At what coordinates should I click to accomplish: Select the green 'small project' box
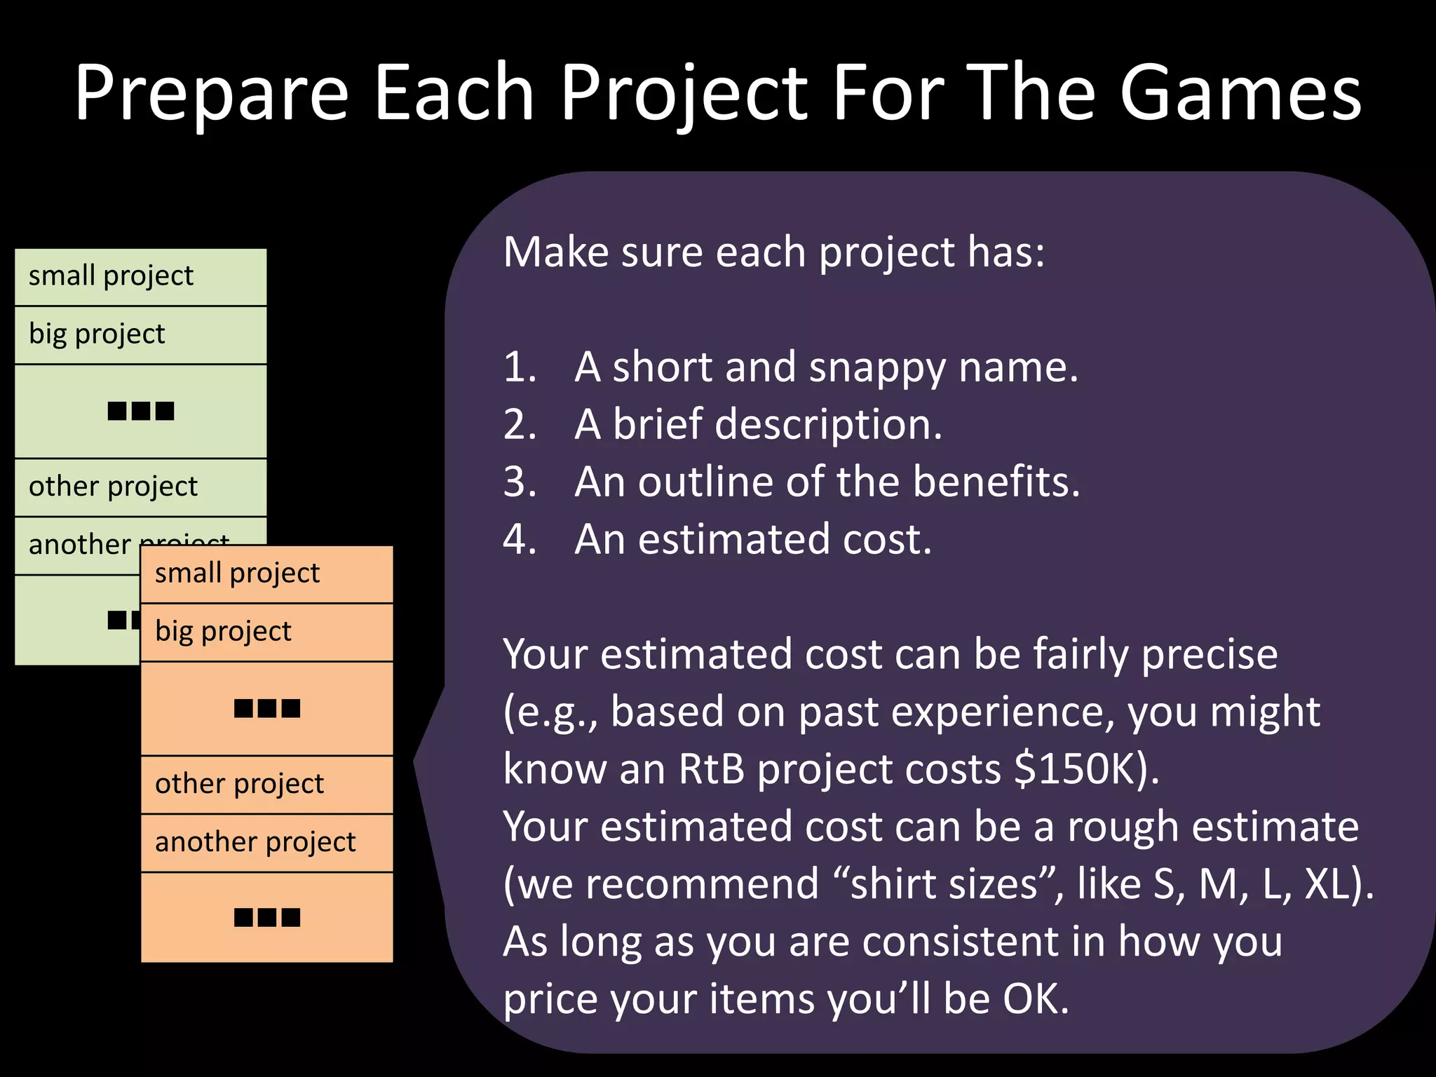pyautogui.click(x=140, y=276)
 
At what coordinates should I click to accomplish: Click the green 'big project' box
pyautogui.click(x=140, y=334)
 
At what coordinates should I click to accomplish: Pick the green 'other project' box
pyautogui.click(x=140, y=487)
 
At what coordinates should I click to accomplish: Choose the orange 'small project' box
pyautogui.click(x=266, y=574)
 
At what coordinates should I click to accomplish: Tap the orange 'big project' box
pyautogui.click(x=266, y=632)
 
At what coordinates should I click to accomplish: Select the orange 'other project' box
pyautogui.click(x=266, y=784)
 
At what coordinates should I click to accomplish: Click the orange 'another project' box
pyautogui.click(x=266, y=842)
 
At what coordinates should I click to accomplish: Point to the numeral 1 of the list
pyautogui.click(x=518, y=367)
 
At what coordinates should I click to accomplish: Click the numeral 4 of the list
pyautogui.click(x=520, y=539)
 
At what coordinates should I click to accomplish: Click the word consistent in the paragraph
pyautogui.click(x=961, y=941)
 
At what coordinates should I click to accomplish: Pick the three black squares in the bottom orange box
pyautogui.click(x=267, y=917)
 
